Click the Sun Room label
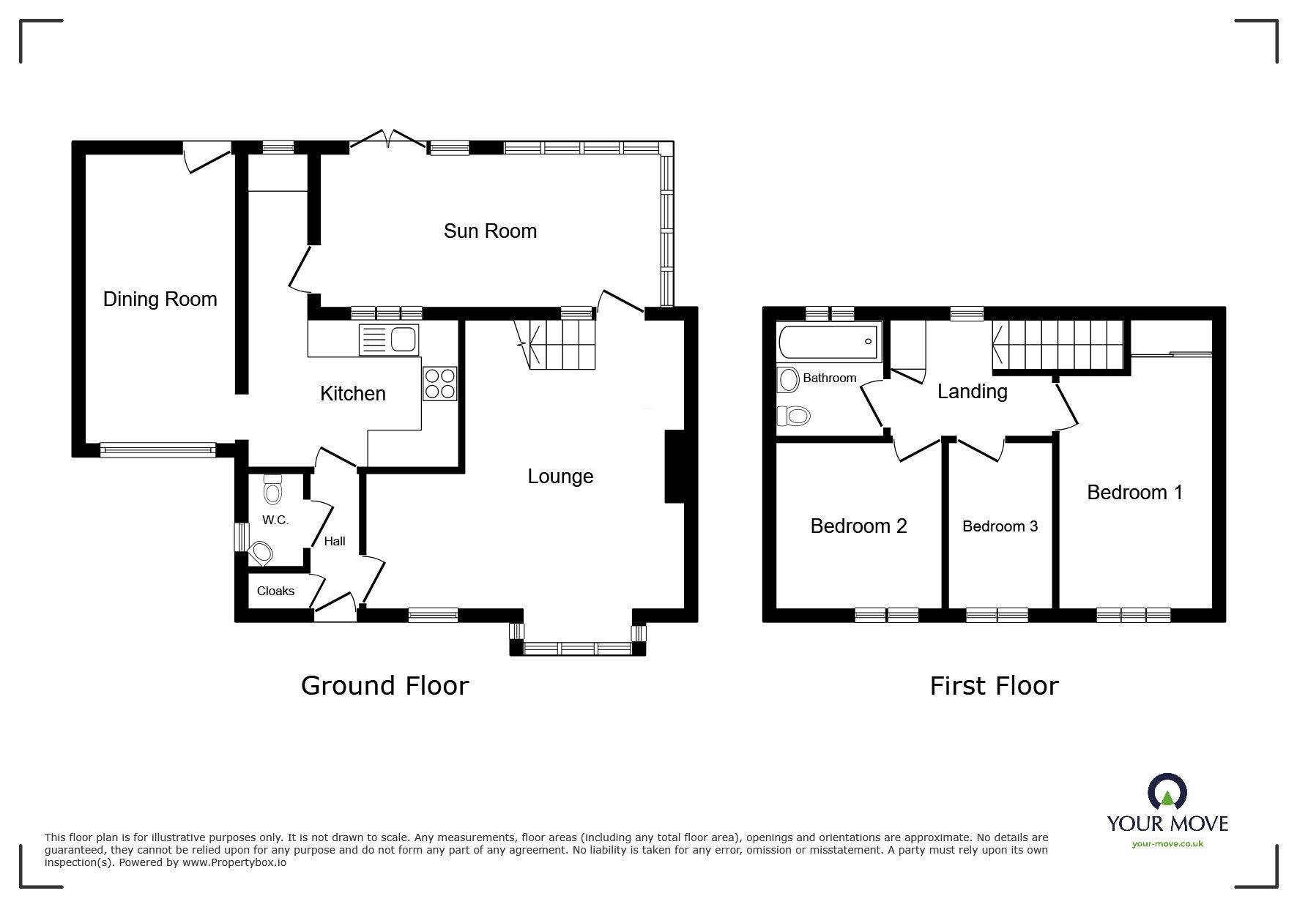(490, 231)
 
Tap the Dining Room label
(160, 299)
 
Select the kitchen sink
(388, 340)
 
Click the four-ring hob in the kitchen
(439, 383)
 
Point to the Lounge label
(560, 477)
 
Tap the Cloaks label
(275, 591)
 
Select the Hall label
(335, 541)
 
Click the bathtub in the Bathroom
(828, 342)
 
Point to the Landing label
(972, 392)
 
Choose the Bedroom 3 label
(1000, 526)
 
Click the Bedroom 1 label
(1134, 493)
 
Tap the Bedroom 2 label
(858, 526)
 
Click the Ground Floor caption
(384, 686)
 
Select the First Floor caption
(994, 686)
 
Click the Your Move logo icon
(1167, 793)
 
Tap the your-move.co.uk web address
(1167, 844)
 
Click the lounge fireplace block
(673, 466)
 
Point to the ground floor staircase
(560, 345)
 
